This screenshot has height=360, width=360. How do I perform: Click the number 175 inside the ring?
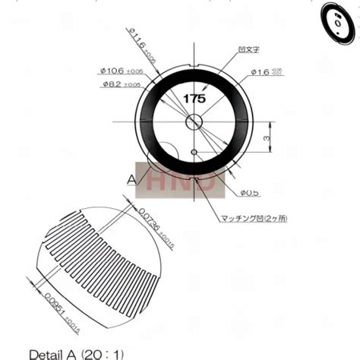(194, 99)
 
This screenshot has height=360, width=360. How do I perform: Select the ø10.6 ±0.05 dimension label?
(124, 71)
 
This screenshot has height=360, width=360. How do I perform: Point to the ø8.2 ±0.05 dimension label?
(125, 84)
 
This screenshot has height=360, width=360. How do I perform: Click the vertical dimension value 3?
(264, 138)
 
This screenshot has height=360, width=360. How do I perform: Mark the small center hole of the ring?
(194, 121)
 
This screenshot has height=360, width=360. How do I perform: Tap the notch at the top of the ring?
(194, 62)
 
